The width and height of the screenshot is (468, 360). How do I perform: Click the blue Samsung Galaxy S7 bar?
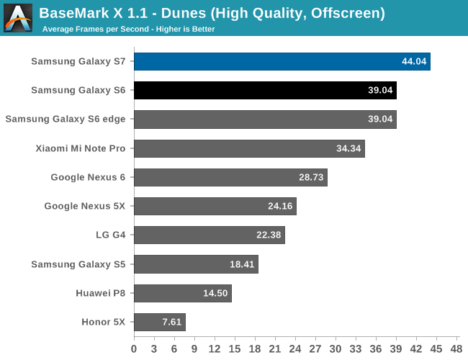pos(282,61)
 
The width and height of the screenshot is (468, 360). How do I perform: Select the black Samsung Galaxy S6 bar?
pos(265,90)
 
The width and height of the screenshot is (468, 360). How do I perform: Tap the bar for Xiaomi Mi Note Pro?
pos(249,148)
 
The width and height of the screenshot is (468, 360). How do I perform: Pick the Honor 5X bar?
pos(159,322)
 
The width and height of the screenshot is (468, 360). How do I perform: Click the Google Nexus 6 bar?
pos(230,177)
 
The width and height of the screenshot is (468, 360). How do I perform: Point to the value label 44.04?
pos(414,61)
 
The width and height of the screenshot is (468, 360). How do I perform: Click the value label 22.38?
pos(269,235)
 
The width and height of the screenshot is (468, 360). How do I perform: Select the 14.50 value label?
pos(216,293)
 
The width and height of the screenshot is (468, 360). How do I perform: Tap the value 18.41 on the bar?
pos(243,264)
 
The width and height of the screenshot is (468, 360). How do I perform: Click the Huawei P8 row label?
pos(100,293)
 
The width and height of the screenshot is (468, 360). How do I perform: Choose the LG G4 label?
pos(109,235)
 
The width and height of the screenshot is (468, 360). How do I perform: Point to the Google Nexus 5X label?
pos(84,206)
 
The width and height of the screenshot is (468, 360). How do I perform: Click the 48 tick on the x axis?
pos(456,348)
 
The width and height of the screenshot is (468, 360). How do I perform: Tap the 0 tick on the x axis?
pos(134,348)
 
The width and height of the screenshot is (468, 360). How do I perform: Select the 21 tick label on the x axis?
pos(275,348)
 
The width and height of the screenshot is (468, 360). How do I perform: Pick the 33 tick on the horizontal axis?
pos(356,348)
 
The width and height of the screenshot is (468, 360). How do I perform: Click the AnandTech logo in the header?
pos(18,18)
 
